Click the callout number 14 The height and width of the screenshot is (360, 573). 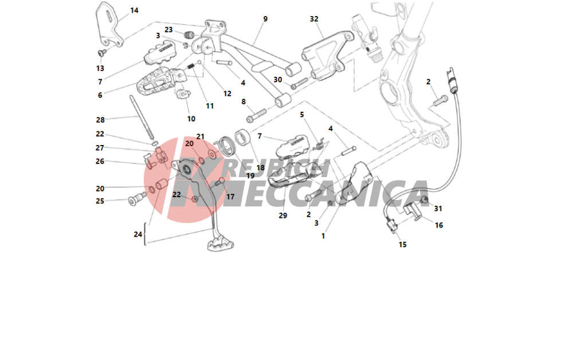coord(135,10)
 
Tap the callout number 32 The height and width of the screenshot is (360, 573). coord(314,19)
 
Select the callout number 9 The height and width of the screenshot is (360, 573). coord(265,19)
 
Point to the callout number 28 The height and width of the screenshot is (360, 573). coord(100,119)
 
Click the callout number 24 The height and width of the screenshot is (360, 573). coord(138,234)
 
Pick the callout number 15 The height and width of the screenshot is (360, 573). coord(402,244)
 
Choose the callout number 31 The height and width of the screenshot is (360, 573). coord(438,208)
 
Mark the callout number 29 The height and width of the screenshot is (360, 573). coord(283,216)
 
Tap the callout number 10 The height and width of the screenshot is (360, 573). coord(191,119)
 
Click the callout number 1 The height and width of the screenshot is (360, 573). coord(323,236)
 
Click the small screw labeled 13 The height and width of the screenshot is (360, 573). coord(102,53)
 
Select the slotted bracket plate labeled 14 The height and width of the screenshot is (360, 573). coord(109,25)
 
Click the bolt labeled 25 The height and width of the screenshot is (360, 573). coord(137,199)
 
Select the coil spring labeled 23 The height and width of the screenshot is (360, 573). coord(188,35)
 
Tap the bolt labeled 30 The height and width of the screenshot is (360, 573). coord(300,83)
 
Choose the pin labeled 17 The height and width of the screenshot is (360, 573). coord(219,181)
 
